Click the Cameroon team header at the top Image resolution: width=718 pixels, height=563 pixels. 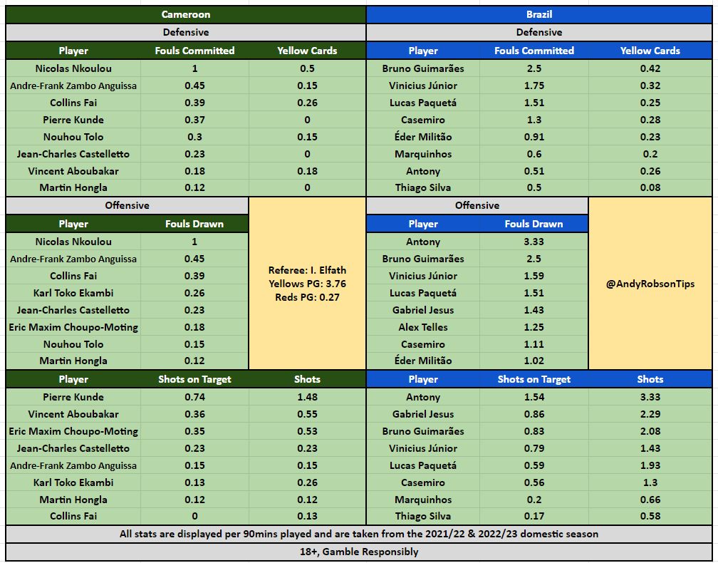186,14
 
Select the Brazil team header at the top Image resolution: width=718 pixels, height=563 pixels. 539,14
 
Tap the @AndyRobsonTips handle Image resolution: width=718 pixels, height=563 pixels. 650,284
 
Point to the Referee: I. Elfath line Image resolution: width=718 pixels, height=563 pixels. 307,271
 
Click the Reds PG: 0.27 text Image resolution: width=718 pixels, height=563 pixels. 307,297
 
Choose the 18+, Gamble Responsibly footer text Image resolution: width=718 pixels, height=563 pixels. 359,552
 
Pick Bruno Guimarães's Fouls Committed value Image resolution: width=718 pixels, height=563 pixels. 534,68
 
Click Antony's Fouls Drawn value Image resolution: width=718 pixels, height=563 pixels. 534,242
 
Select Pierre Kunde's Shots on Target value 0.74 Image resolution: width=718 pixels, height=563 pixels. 194,397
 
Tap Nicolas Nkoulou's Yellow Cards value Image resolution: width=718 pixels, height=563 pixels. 307,68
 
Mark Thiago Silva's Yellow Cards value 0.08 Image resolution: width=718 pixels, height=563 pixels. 650,187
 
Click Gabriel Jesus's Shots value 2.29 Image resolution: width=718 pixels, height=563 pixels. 650,414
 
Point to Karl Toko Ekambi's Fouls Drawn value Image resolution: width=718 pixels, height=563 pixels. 194,293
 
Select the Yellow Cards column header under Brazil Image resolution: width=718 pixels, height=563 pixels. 650,51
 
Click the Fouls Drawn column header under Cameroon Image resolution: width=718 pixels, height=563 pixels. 194,224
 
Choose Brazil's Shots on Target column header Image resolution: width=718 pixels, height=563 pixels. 534,379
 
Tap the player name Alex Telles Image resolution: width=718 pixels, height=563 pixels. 423,327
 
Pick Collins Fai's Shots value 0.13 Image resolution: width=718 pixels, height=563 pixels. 307,516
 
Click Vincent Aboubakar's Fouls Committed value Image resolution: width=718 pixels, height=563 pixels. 194,171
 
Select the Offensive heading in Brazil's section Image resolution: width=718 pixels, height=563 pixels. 477,205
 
